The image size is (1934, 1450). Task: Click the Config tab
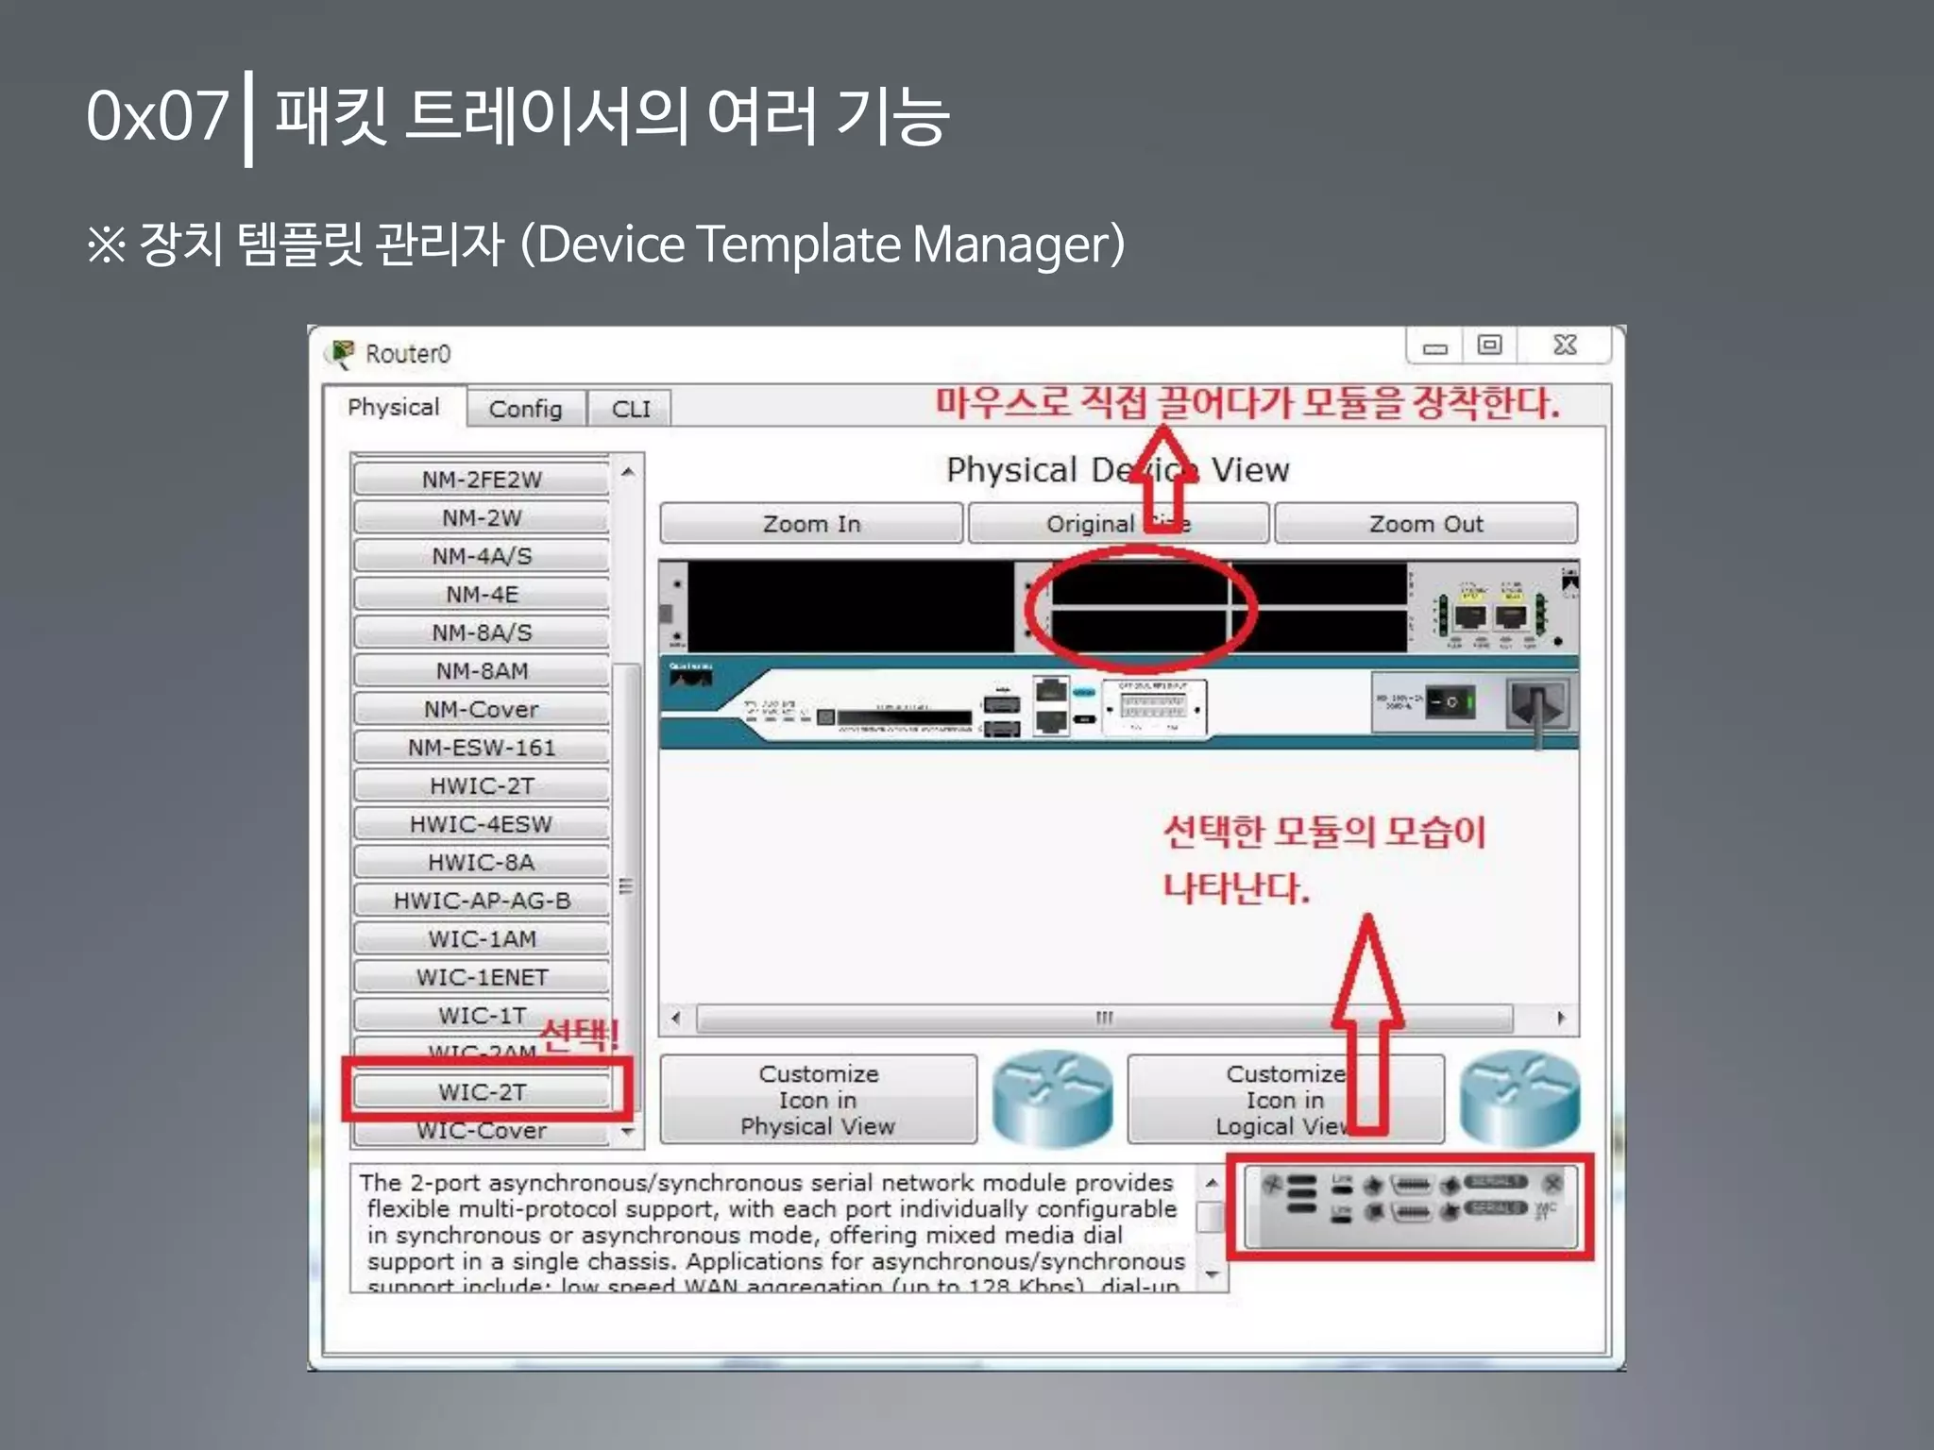[525, 409]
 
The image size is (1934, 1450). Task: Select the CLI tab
[630, 409]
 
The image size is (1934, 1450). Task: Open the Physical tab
[393, 407]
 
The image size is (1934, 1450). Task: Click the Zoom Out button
[1425, 524]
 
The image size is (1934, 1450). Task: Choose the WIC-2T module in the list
[482, 1092]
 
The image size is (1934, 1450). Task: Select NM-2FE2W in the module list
[482, 480]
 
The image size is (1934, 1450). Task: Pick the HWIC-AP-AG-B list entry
[482, 901]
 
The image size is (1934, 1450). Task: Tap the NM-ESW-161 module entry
[482, 748]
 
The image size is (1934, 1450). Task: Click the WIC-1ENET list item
[482, 977]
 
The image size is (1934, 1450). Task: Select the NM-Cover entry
[482, 709]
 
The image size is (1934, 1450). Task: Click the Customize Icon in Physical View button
[818, 1100]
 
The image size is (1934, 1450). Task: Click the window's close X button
[1564, 346]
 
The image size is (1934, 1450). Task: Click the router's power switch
[1449, 701]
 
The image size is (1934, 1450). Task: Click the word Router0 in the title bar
[408, 354]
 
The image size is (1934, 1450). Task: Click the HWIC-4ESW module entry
[482, 824]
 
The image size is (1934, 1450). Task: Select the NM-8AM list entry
[482, 671]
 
